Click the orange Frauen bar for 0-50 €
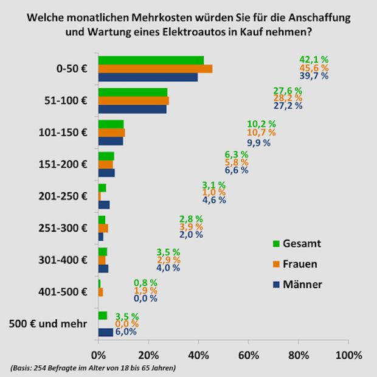tap(155, 69)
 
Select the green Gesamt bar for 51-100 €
tap(133, 92)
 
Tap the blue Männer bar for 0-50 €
tap(148, 77)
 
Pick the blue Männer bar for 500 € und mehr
tap(105, 332)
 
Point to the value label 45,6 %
tap(314, 68)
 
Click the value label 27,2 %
tap(288, 106)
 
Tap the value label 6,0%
tap(126, 332)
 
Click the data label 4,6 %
tap(213, 199)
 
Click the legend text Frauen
tap(300, 265)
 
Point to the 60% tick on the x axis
tap(248, 355)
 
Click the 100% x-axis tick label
tap(348, 355)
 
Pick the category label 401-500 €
tap(66, 291)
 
